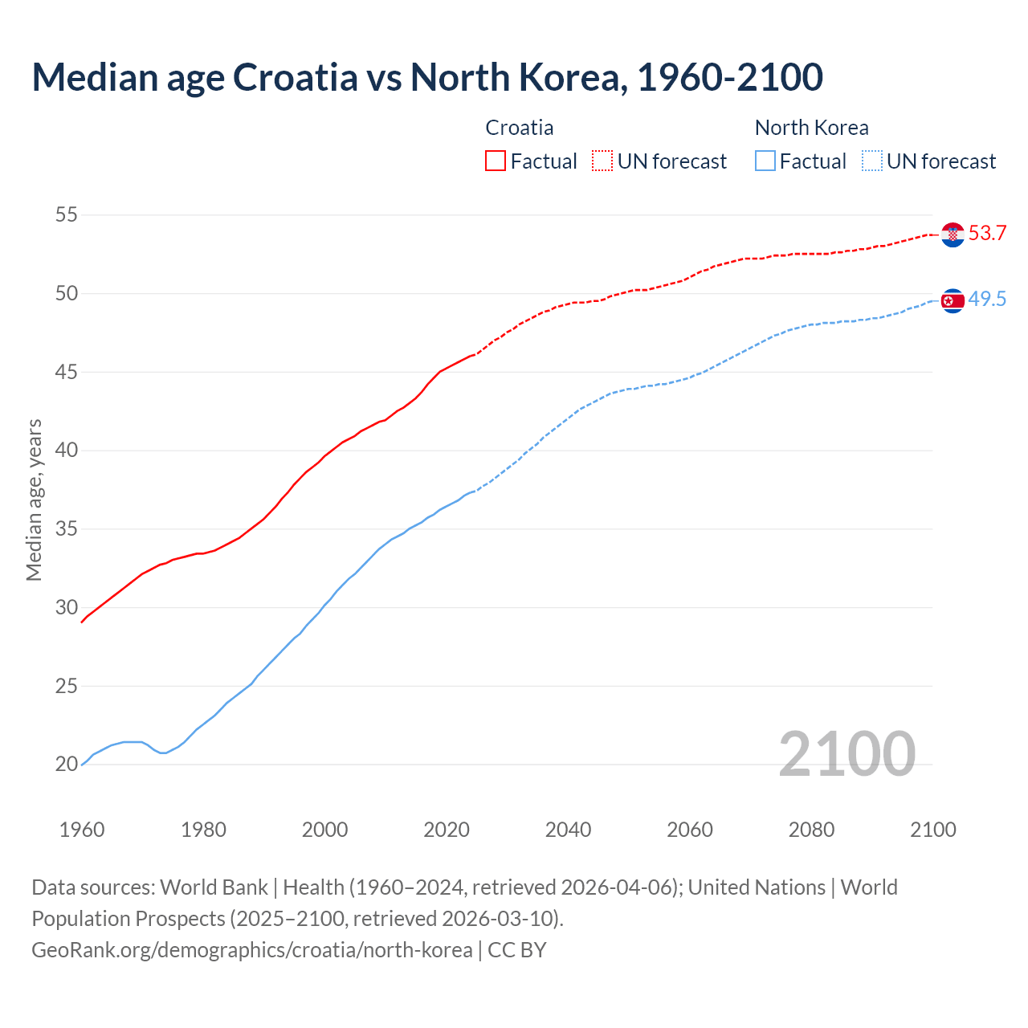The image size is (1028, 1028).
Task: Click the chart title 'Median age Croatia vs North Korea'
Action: [427, 77]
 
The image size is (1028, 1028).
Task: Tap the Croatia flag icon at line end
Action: [953, 235]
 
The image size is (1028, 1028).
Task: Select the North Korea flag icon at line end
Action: [953, 300]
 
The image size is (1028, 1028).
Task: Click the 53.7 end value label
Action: [987, 234]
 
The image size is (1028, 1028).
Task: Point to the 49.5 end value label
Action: [987, 300]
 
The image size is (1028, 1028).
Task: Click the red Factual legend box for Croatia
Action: [496, 161]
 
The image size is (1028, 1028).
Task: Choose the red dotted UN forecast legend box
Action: [602, 161]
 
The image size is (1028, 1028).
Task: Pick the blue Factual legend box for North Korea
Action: [765, 161]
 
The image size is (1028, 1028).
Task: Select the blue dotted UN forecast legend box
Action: [872, 161]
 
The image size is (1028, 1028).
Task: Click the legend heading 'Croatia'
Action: [520, 128]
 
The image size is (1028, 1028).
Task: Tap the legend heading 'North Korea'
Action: [811, 128]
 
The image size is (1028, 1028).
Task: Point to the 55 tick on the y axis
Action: [67, 214]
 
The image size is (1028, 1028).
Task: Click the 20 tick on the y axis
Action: [67, 765]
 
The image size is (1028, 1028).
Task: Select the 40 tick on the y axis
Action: [67, 451]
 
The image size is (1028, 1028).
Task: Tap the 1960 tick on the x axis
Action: [82, 830]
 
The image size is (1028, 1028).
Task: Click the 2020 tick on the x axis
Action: [447, 830]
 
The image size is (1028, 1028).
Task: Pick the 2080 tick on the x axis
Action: [811, 830]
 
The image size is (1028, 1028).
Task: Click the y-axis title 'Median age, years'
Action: [34, 500]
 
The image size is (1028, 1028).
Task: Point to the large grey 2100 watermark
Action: [846, 753]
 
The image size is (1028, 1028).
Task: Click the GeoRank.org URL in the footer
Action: [252, 950]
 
